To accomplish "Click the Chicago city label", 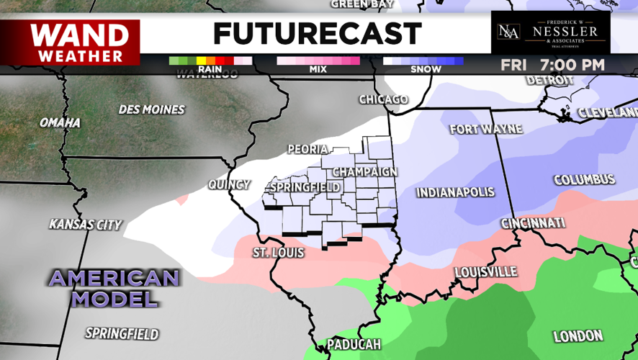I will [x=384, y=99].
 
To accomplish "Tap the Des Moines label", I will [x=152, y=110].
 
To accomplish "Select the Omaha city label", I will [x=60, y=123].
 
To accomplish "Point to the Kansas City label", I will [x=85, y=225].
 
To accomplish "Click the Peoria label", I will [x=307, y=149].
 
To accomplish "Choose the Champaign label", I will [x=365, y=171].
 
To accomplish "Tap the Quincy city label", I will [x=229, y=184].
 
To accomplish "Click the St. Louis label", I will [x=278, y=253].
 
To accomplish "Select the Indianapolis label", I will [x=456, y=192].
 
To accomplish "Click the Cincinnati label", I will [x=533, y=223].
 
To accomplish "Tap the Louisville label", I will [x=486, y=272].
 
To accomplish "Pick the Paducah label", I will [x=353, y=345].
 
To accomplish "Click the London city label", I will [x=578, y=336].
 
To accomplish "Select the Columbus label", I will [x=584, y=179].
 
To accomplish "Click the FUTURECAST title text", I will [x=317, y=33].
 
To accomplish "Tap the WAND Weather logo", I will [x=70, y=42].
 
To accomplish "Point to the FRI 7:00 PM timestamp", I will [x=552, y=65].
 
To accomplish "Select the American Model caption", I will [x=114, y=288].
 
